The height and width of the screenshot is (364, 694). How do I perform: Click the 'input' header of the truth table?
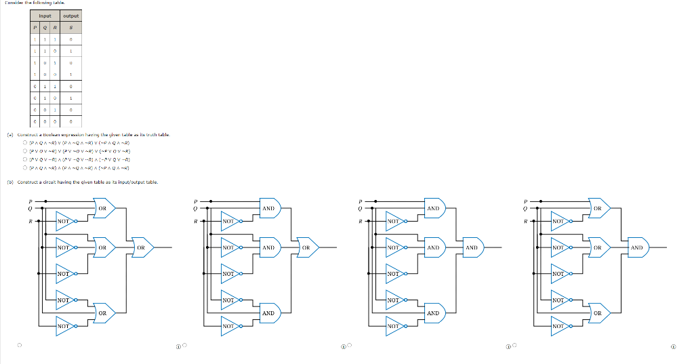tap(45, 16)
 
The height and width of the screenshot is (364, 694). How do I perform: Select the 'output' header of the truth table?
tap(70, 16)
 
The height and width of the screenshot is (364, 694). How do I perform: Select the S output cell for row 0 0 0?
tap(70, 122)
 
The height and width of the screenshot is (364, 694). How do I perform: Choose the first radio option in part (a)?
tap(24, 143)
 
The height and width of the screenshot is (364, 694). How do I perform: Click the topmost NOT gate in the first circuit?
tap(65, 221)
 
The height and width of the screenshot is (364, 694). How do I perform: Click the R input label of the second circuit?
tap(195, 221)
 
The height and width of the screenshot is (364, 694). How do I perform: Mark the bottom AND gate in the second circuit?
tap(268, 313)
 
